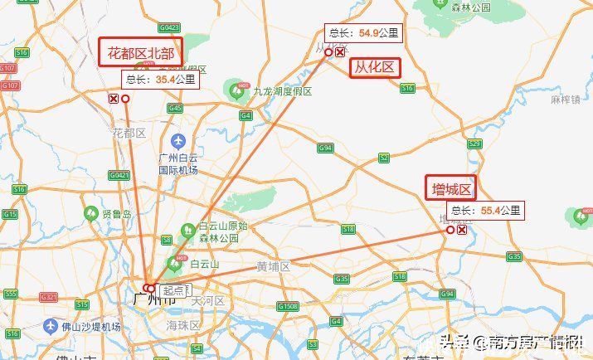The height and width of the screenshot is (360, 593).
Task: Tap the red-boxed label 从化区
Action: pos(375,66)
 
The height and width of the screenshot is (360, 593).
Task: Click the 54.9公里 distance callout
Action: pos(362,34)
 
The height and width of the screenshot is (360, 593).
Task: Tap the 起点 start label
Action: pos(174,290)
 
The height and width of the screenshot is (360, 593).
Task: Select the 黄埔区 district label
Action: pos(273,267)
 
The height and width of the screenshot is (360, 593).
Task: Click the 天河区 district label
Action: pos(208,299)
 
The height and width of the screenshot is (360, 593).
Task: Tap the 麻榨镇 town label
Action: pos(565,100)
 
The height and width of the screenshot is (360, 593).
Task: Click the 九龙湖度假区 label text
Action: pos(282,91)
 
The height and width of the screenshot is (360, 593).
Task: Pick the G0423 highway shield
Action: pos(168,27)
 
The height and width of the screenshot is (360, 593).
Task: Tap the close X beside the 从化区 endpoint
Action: pos(340,52)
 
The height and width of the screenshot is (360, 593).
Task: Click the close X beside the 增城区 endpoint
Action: pos(461,230)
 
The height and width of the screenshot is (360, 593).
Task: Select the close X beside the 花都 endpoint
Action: pos(114,99)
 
